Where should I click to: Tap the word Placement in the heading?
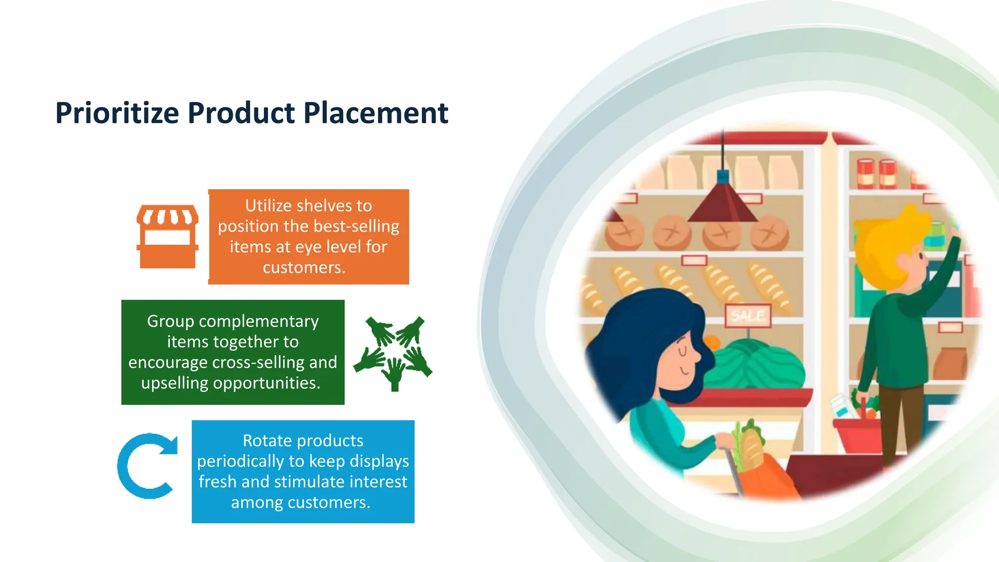pyautogui.click(x=376, y=113)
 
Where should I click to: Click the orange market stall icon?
pyautogui.click(x=167, y=236)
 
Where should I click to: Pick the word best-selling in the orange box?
pyautogui.click(x=358, y=226)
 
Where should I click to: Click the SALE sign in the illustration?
pyautogui.click(x=748, y=316)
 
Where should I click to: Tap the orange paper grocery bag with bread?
pyautogui.click(x=766, y=476)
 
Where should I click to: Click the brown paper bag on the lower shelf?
pyautogui.click(x=950, y=363)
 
